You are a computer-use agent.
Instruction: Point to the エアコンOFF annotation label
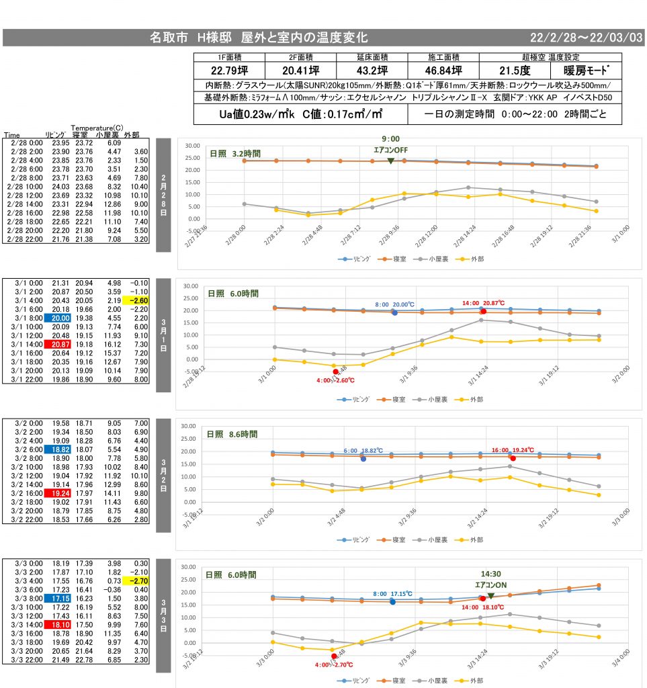[x=390, y=150]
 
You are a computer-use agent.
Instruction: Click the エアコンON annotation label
[x=490, y=585]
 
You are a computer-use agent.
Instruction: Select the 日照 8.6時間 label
[x=231, y=435]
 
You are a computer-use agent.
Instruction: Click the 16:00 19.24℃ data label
[x=513, y=450]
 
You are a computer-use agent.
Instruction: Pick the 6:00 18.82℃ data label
[x=362, y=451]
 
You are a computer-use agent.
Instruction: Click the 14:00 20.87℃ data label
[x=483, y=303]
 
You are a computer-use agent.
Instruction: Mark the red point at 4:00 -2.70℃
[x=334, y=656]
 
